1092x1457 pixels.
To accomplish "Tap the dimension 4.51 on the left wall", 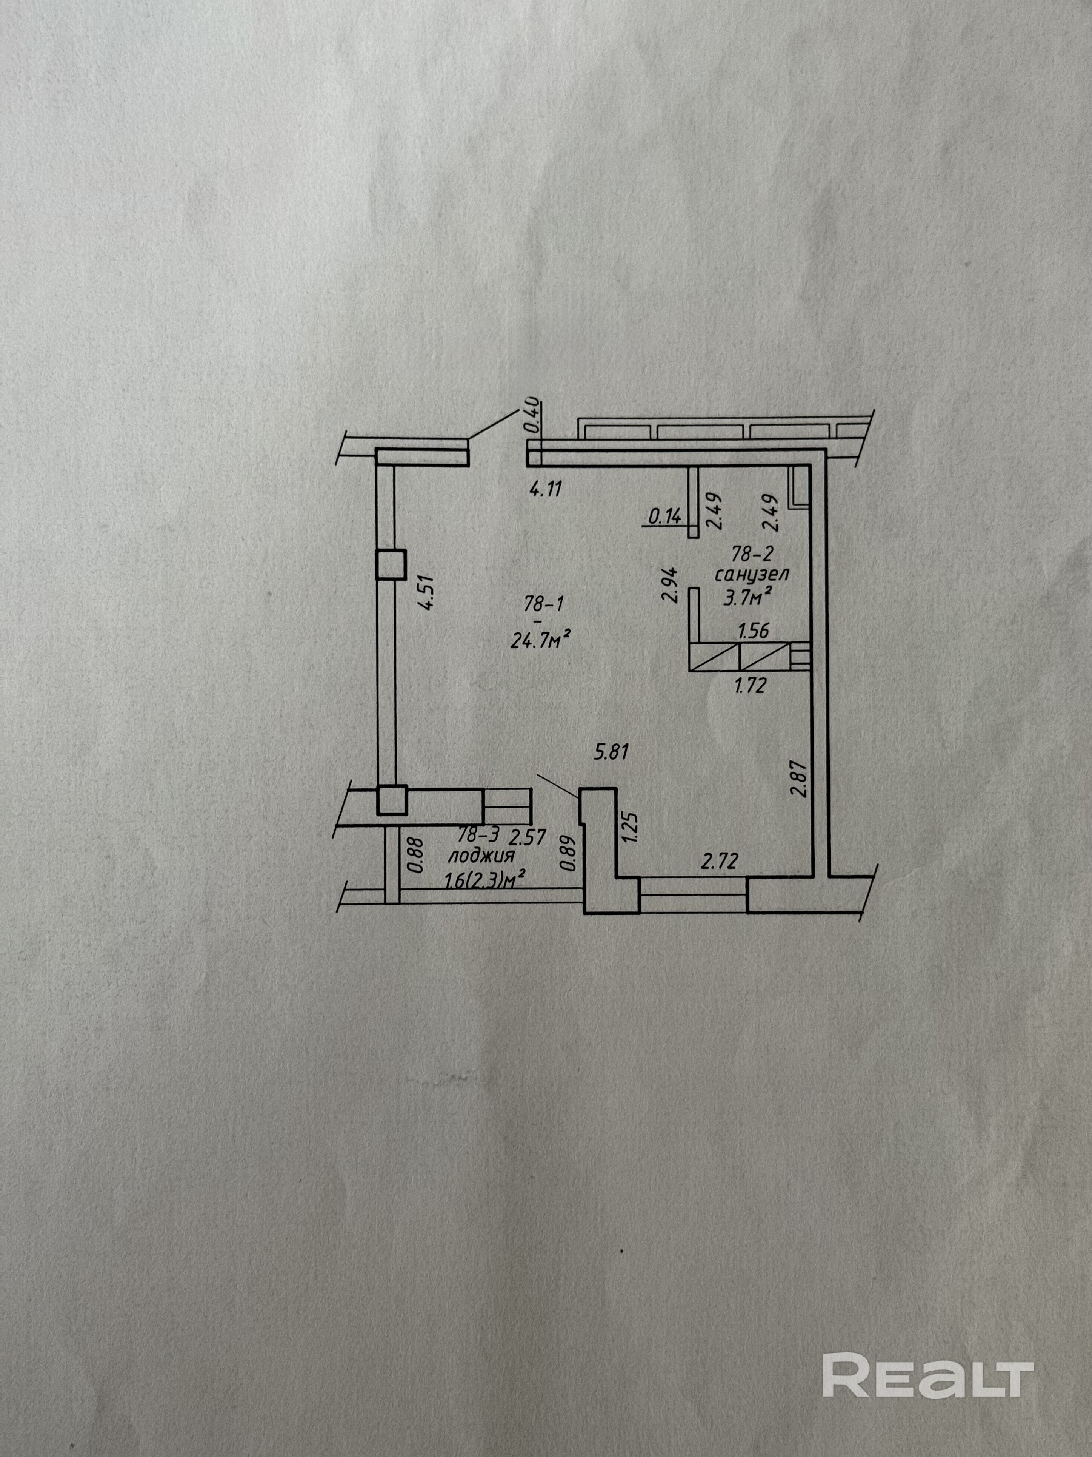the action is click(x=428, y=594).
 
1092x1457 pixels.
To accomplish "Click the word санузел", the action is click(x=752, y=574).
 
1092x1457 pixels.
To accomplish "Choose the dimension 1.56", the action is click(x=754, y=631).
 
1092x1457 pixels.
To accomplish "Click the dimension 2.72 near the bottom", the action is click(x=720, y=861).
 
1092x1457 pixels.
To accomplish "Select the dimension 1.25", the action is click(x=630, y=826).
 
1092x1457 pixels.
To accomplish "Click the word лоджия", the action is click(x=481, y=856).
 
